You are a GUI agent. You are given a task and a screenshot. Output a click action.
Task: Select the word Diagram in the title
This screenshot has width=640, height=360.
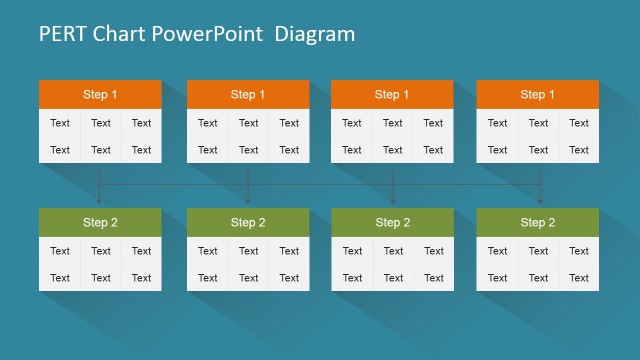[x=315, y=34]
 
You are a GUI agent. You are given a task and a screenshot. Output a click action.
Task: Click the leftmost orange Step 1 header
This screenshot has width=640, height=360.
[x=100, y=95]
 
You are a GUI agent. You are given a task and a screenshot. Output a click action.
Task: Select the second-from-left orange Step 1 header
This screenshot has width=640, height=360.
[x=248, y=95]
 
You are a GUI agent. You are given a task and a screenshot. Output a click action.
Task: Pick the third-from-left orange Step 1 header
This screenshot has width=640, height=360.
[x=392, y=95]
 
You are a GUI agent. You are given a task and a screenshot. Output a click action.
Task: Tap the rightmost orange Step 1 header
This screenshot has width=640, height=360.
[x=538, y=95]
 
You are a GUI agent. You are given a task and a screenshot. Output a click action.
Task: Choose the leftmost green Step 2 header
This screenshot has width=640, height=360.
[x=100, y=222]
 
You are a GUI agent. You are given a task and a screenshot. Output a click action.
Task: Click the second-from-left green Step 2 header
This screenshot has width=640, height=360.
[x=248, y=222]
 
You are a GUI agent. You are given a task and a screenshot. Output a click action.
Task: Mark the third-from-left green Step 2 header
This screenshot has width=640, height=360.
[x=392, y=222]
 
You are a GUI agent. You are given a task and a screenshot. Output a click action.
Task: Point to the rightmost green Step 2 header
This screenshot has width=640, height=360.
[x=538, y=222]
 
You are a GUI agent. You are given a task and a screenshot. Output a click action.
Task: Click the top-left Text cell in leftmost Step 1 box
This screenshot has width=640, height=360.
[x=60, y=123]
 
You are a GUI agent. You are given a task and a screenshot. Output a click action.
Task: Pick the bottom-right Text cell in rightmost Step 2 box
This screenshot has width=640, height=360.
[x=579, y=278]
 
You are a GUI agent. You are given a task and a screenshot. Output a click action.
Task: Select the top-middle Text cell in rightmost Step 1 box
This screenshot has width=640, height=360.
[x=538, y=123]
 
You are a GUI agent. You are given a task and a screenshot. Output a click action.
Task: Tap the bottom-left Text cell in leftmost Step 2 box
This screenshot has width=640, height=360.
[x=60, y=278]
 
